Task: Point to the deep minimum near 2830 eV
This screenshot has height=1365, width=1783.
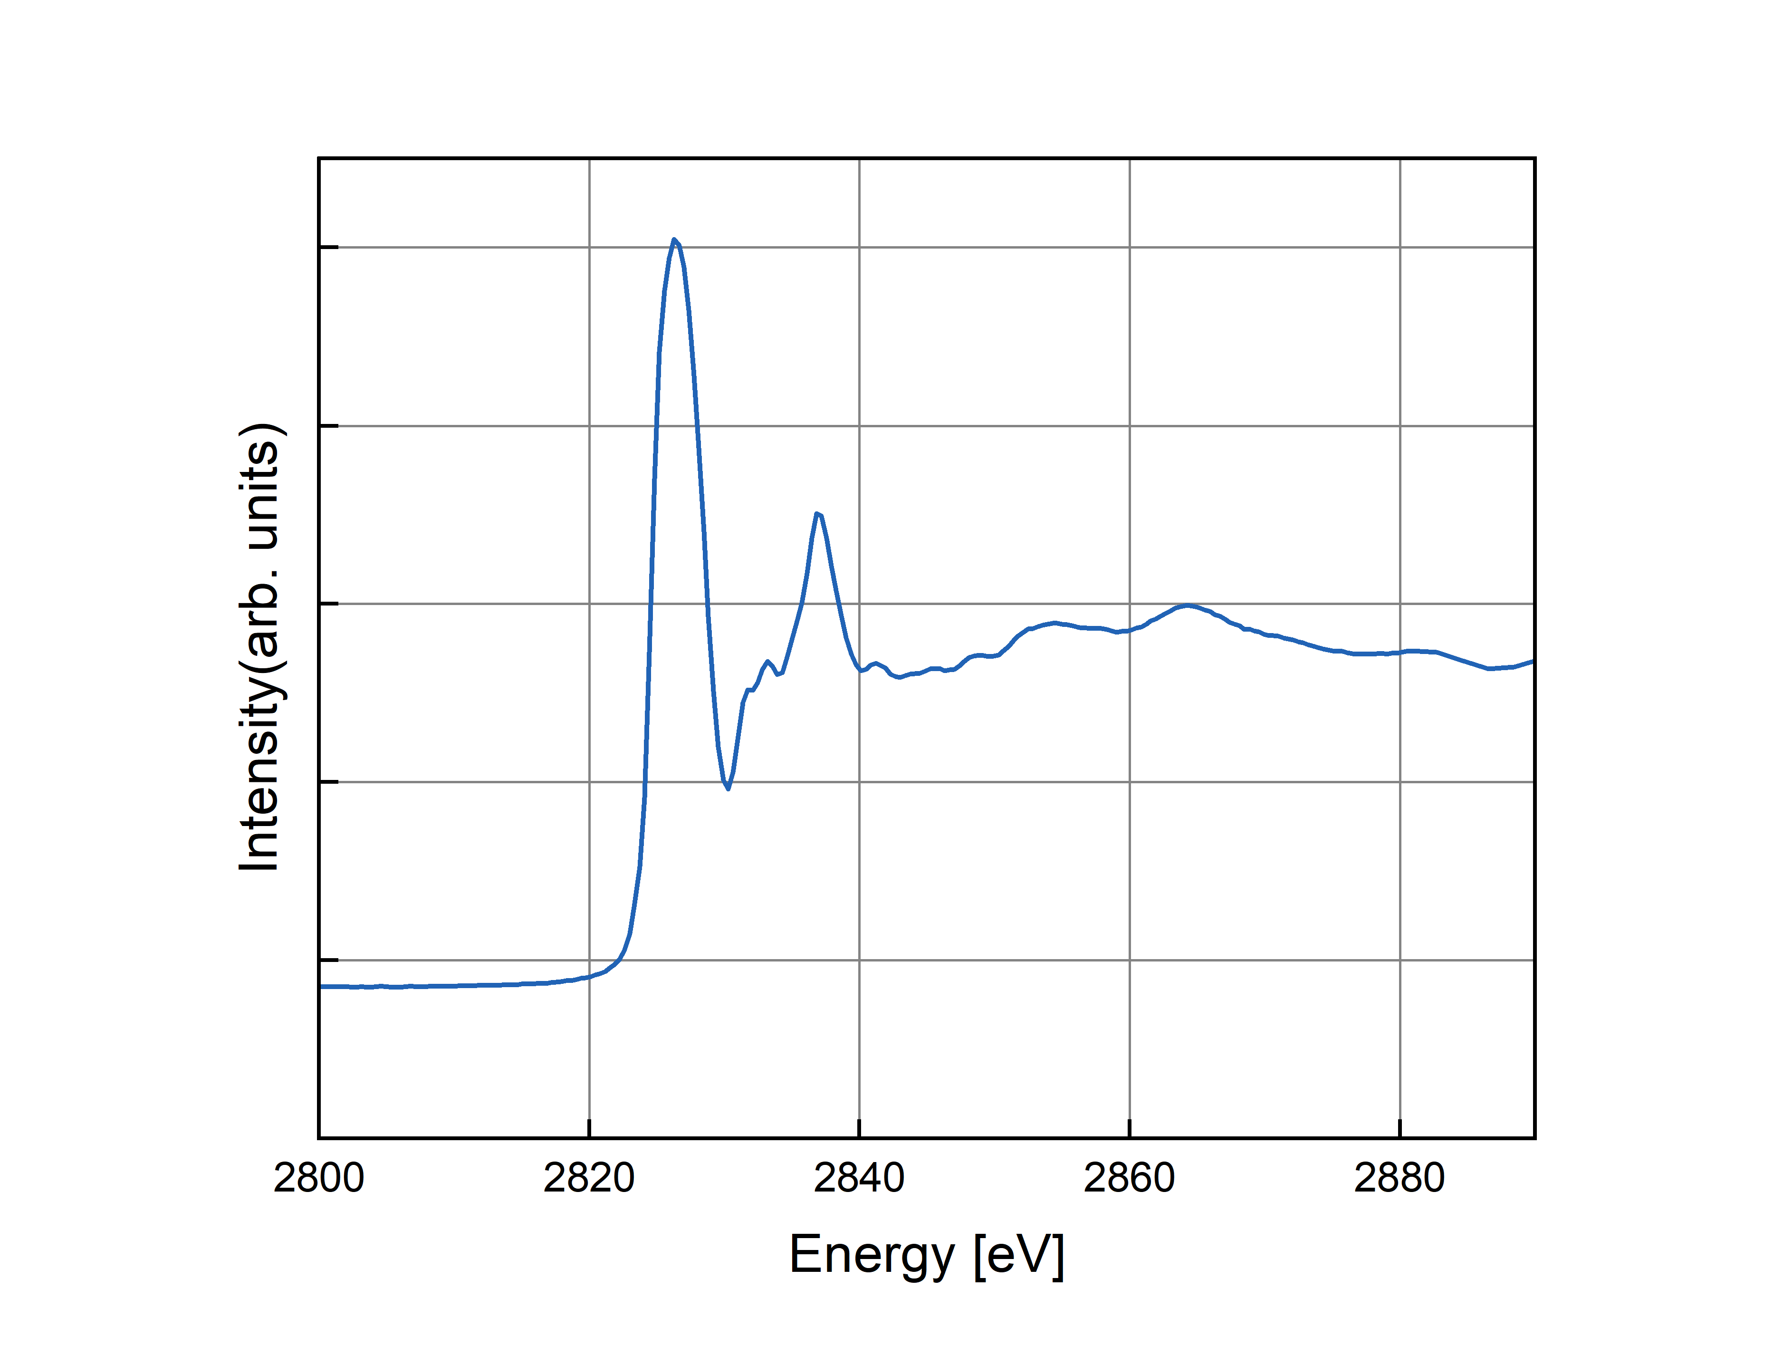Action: click(728, 788)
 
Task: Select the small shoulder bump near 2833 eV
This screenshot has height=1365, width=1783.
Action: click(767, 662)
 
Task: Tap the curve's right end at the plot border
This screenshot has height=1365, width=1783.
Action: click(1532, 662)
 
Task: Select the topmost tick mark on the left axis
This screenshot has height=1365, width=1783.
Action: click(329, 247)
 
